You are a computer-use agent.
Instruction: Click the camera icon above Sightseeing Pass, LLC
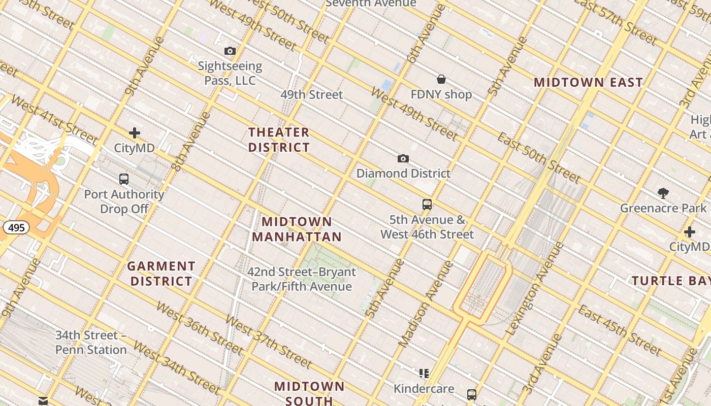click(230, 51)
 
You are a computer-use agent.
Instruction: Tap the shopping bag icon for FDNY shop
click(441, 79)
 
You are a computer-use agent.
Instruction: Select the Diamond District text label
click(403, 174)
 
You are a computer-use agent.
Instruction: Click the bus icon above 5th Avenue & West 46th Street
click(427, 205)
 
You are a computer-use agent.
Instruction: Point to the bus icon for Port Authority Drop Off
click(124, 179)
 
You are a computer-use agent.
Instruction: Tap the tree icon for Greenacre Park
click(663, 193)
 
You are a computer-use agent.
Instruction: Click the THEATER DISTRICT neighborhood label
click(279, 140)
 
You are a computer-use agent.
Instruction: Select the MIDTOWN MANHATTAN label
click(297, 229)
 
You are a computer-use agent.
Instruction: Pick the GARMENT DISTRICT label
click(161, 274)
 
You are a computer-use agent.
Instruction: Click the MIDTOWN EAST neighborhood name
click(588, 82)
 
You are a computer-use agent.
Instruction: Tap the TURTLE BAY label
click(670, 281)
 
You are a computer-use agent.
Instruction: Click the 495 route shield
click(16, 227)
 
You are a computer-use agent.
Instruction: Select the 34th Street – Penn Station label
click(91, 343)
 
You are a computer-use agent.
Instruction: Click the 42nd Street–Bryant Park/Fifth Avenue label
click(302, 279)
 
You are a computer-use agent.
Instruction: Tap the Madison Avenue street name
click(426, 304)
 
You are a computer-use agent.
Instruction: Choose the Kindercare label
click(424, 389)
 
